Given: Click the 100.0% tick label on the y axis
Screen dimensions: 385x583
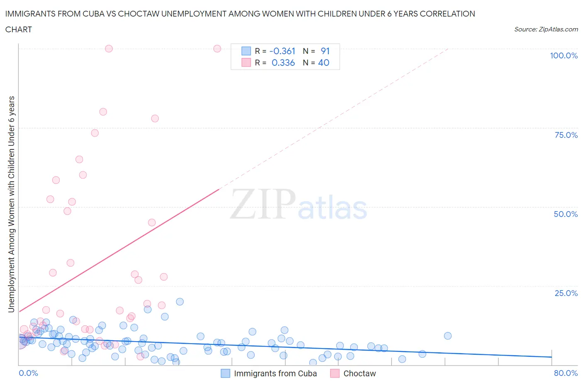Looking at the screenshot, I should point(564,55).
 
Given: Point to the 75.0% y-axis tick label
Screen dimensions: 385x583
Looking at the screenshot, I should point(566,135).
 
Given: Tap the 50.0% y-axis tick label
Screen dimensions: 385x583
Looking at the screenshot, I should point(566,214).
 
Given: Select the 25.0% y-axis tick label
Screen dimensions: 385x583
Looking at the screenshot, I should point(566,293).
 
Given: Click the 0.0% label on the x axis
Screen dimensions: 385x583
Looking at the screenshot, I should point(28,373).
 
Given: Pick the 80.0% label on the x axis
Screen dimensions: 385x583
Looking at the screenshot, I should point(566,373).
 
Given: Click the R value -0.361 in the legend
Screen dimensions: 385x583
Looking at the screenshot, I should point(282,51).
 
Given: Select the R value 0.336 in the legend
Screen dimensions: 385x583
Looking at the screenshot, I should point(283,63).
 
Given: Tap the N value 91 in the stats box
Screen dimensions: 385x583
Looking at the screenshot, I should point(325,51).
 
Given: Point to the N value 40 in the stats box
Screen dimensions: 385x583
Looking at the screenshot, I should point(323,63).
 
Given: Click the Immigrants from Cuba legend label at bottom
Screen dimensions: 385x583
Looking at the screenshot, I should point(275,373).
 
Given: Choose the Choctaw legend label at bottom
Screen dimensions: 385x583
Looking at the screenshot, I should point(360,373).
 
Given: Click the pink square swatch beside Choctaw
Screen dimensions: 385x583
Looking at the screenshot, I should point(335,373).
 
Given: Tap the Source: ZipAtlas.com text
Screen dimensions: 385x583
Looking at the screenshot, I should point(546,29).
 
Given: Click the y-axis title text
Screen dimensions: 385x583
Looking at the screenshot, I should point(11,204).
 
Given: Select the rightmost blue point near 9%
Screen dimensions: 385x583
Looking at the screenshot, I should point(447,336).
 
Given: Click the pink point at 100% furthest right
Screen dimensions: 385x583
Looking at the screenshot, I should point(217,48).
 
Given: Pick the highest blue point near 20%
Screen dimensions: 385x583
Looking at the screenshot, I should point(180,301).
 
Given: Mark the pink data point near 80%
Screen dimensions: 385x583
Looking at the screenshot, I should point(103,112).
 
